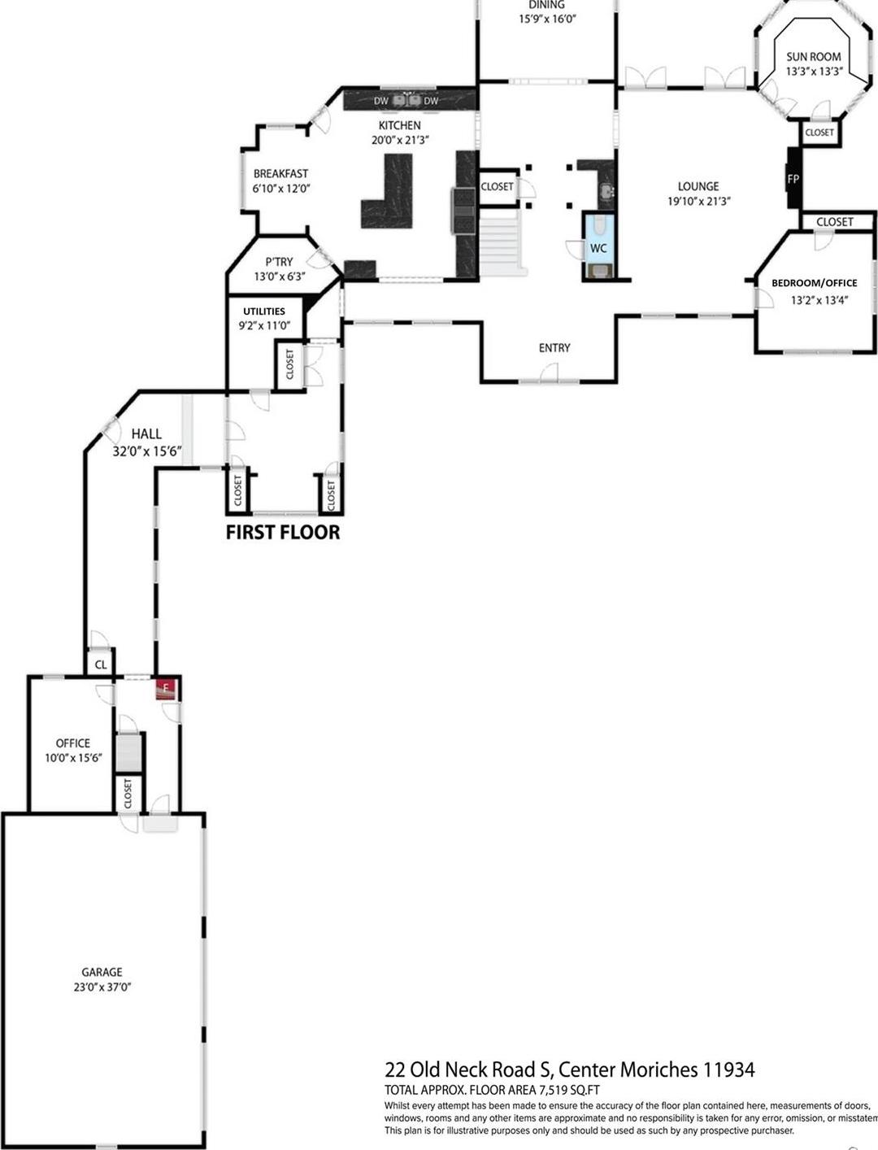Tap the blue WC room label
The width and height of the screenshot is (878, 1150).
(598, 247)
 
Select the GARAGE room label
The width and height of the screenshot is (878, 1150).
(102, 972)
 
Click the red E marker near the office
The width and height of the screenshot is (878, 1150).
(166, 689)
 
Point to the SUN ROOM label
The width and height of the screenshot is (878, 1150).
(813, 57)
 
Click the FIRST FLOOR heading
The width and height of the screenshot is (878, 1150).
(282, 533)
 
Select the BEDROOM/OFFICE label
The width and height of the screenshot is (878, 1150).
(814, 283)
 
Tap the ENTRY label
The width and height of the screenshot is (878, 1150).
(554, 347)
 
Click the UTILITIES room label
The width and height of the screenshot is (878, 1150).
(263, 311)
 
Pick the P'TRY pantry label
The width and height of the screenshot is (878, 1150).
(279, 262)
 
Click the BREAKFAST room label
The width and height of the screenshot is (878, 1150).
(280, 173)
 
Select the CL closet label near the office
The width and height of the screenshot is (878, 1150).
(101, 664)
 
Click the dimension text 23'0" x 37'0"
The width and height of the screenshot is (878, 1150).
(102, 987)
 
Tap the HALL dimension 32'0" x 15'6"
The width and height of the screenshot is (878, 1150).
(146, 450)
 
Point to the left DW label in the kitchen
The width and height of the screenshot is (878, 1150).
(380, 101)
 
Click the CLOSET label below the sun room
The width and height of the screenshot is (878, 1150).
(819, 133)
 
